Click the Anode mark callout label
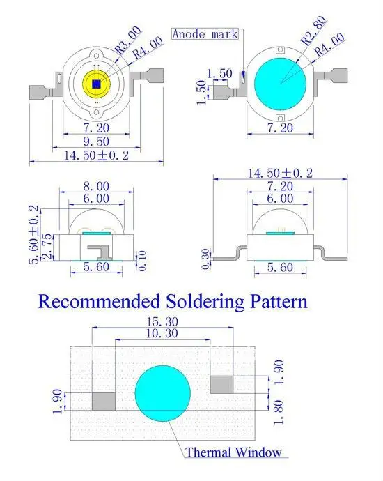point(205,33)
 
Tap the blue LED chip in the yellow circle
point(97,84)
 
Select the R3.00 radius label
point(128,40)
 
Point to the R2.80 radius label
point(313,31)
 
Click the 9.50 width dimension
point(96,142)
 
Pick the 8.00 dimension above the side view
point(96,186)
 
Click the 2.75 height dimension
point(47,247)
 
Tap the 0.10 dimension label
point(142,261)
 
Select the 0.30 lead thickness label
point(206,259)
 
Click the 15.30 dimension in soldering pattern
point(162,322)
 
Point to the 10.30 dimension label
point(162,333)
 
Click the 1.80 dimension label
point(279,412)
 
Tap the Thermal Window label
point(233,452)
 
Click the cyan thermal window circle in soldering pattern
point(163,393)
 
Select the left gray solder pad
point(104,402)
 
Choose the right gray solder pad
point(221,384)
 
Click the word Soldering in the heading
point(205,302)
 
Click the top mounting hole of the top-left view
point(97,56)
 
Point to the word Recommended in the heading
point(99,301)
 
